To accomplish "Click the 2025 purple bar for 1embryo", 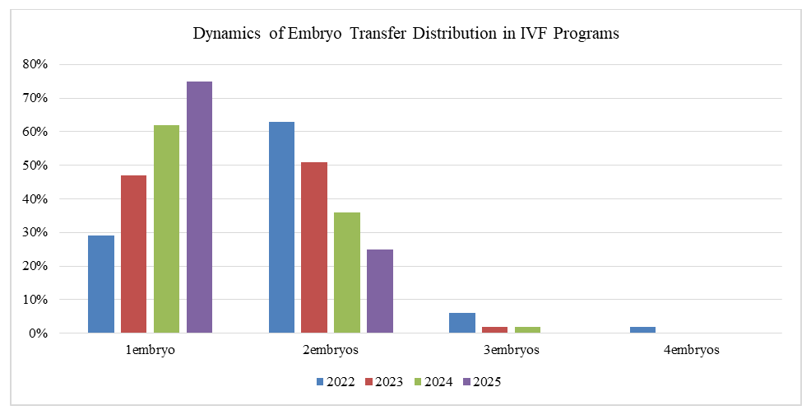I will pos(199,207).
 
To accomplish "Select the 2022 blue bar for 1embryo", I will pos(100,284).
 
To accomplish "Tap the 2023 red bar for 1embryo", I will pos(133,254).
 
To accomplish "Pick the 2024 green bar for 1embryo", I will pos(166,229).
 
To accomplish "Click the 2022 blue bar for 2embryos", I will pos(281,227).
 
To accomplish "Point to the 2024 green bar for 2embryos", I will pos(347,273).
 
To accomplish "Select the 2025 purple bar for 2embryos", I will pos(380,291).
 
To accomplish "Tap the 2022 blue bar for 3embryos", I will pos(462,323).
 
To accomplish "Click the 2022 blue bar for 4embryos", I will pos(643,329).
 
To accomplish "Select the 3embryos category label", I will pos(512,350).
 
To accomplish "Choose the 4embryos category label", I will pos(692,350).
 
